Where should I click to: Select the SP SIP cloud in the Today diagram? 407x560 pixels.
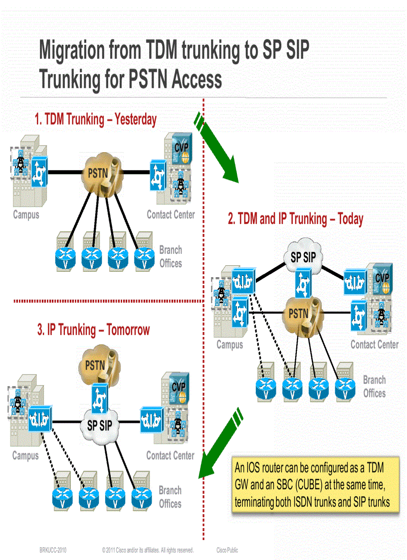point(303,257)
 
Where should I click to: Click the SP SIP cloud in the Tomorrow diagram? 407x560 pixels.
point(100,426)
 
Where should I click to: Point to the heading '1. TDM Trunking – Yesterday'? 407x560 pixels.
point(95,120)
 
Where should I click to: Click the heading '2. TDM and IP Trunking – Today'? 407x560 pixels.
point(295,218)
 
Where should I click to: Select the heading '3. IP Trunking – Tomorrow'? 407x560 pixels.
point(93,330)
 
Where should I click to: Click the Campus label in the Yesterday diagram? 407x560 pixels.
point(26,215)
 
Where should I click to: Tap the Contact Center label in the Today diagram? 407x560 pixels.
point(374,345)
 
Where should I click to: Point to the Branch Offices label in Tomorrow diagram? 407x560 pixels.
point(170,497)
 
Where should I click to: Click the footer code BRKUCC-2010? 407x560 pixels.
point(53,551)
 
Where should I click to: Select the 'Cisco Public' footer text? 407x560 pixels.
point(227,551)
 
